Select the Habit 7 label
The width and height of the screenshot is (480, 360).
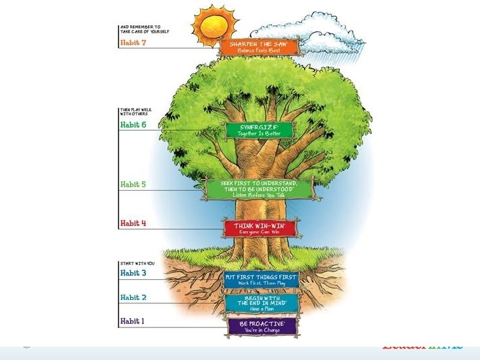click(x=133, y=43)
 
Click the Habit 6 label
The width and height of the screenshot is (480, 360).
click(x=133, y=125)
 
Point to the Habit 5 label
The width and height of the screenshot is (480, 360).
click(x=133, y=185)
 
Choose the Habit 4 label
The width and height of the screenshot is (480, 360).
click(x=133, y=223)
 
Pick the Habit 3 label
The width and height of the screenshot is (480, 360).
click(x=133, y=273)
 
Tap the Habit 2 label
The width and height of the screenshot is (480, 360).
click(x=133, y=298)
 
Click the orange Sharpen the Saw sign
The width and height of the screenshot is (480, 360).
click(x=261, y=47)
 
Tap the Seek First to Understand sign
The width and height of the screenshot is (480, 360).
click(x=259, y=189)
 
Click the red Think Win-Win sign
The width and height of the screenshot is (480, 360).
click(x=259, y=228)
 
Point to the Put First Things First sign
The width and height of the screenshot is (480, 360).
click(x=261, y=279)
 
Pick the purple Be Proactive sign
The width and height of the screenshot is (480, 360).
click(x=261, y=325)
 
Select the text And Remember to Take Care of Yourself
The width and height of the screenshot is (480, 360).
click(x=140, y=30)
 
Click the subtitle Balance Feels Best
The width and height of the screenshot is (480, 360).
click(x=261, y=51)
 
